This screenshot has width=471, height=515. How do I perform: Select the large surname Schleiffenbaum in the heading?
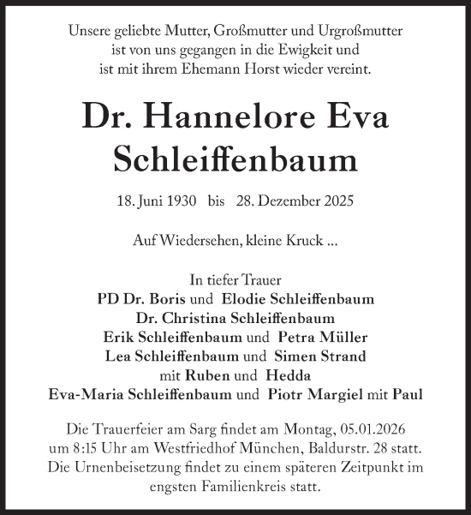click(x=235, y=159)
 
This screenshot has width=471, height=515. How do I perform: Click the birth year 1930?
click(x=179, y=202)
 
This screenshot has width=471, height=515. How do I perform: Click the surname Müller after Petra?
click(x=343, y=337)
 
